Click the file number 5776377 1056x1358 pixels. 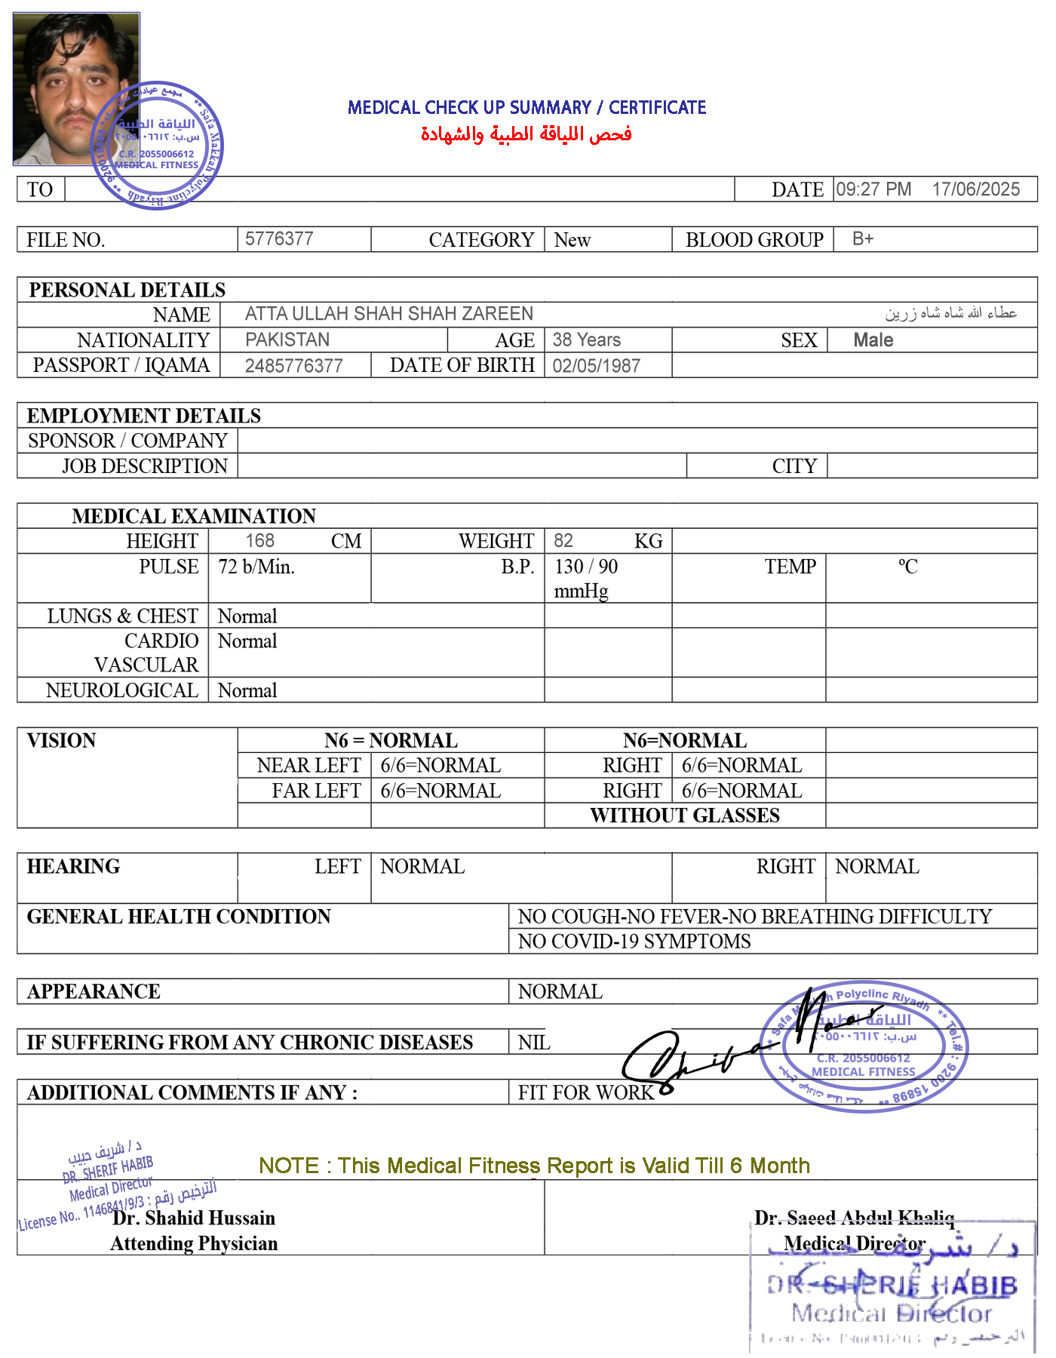[279, 239]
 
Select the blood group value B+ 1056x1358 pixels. [863, 239]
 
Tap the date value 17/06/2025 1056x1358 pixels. [975, 189]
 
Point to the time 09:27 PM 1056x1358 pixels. [873, 189]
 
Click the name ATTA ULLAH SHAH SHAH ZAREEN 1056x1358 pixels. [389, 314]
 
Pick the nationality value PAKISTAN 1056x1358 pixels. [287, 340]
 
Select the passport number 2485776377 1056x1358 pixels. [294, 366]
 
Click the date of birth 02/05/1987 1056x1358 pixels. [597, 366]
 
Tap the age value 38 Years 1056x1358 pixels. [587, 340]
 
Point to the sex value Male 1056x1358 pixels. [873, 340]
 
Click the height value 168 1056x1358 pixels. [260, 541]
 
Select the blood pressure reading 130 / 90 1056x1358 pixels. [586, 567]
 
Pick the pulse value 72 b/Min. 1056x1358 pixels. [256, 567]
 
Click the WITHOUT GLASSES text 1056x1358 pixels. [685, 816]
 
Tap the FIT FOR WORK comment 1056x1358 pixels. [586, 1092]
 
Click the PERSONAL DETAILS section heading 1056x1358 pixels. [127, 290]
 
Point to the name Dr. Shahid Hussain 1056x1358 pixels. [194, 1218]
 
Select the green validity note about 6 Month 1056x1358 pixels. [534, 1166]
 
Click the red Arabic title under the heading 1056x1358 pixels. [526, 134]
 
